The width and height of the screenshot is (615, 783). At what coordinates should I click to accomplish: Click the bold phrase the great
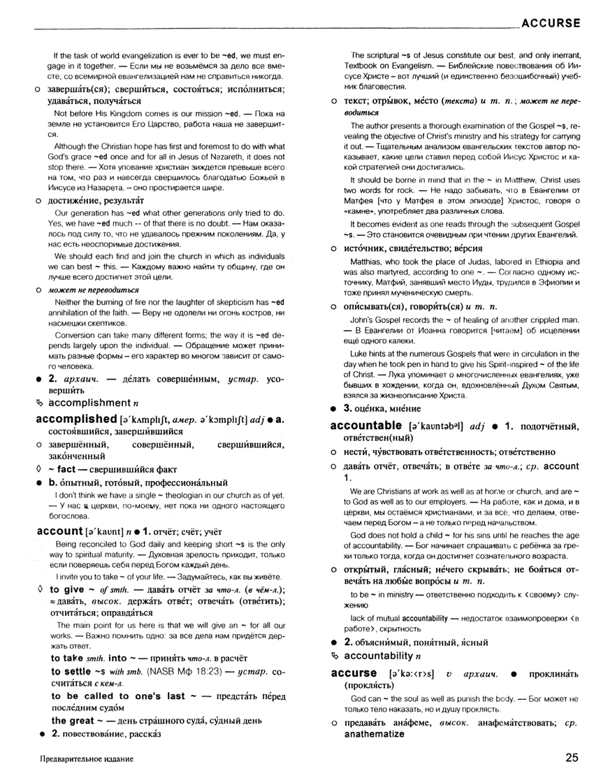click(x=75, y=720)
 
